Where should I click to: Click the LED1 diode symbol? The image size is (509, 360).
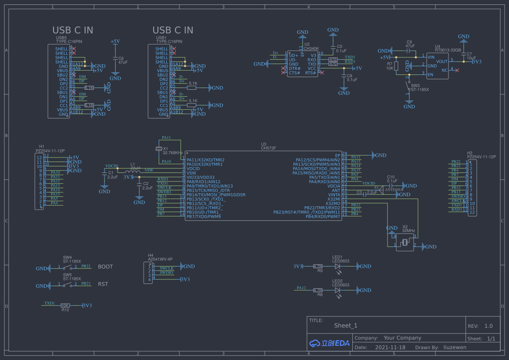337,266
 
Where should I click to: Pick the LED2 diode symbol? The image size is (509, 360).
337,290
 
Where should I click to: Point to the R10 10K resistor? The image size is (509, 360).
65,306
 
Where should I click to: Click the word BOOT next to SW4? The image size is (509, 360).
105,267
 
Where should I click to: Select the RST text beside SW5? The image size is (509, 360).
103,284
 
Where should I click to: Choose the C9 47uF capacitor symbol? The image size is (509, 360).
409,50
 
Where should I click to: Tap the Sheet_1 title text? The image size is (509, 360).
346,326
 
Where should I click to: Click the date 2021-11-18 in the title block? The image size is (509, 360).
390,347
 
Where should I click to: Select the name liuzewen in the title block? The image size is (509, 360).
455,347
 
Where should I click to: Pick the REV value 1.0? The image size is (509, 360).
489,326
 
